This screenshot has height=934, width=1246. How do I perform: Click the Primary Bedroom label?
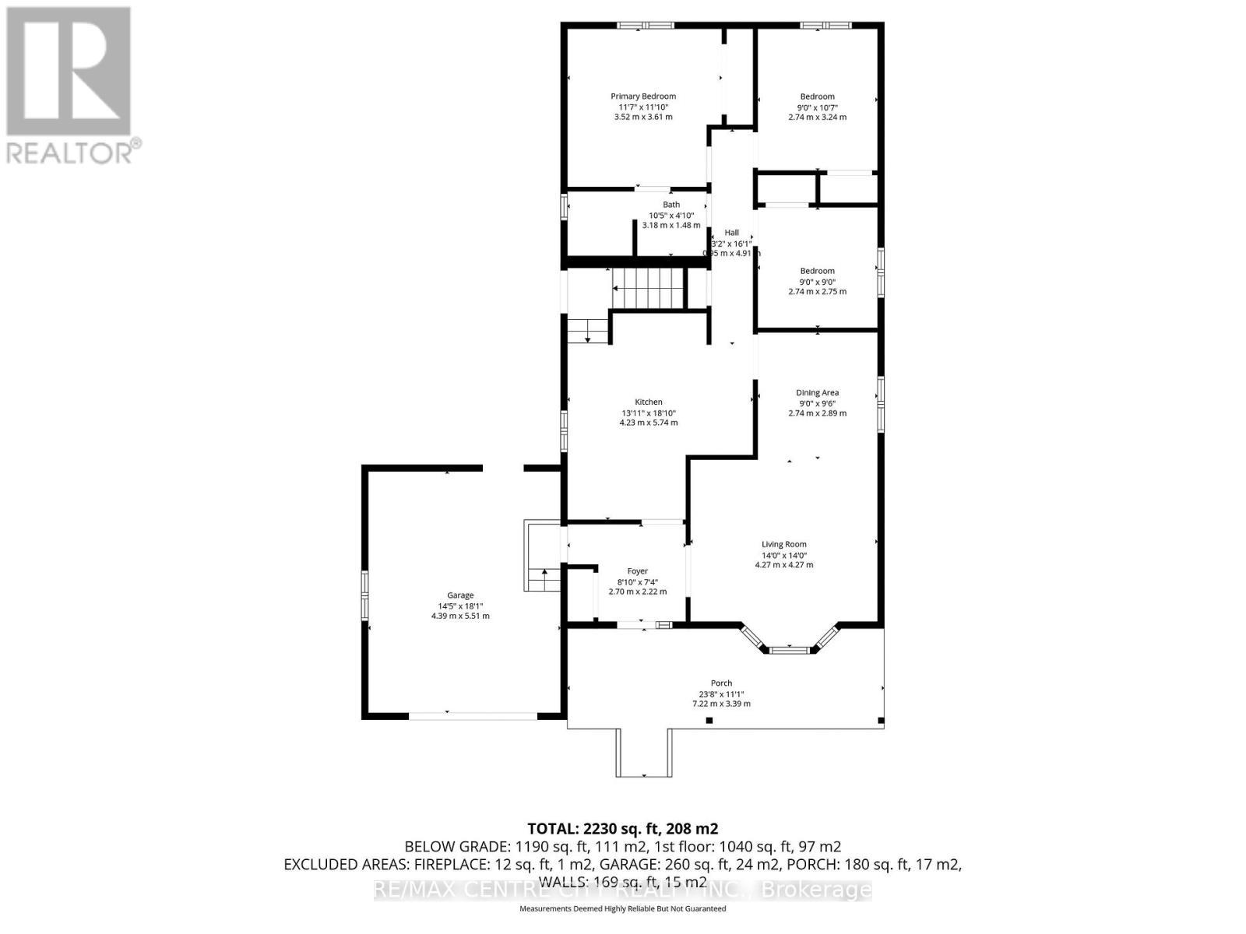click(x=642, y=97)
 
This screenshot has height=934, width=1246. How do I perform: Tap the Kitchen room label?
click(x=648, y=402)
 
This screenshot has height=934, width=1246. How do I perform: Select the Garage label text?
click(x=460, y=595)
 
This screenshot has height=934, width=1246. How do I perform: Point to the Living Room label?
click(x=783, y=544)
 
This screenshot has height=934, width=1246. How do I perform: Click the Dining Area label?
click(x=817, y=393)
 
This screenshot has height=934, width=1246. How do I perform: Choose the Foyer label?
click(x=637, y=571)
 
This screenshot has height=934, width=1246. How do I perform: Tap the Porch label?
click(x=721, y=683)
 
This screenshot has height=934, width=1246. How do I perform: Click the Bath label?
click(x=671, y=205)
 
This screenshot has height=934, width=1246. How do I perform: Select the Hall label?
click(x=731, y=232)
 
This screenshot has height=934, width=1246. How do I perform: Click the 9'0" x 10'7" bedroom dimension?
click(x=817, y=107)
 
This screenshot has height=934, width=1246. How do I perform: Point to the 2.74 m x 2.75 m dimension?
click(x=817, y=292)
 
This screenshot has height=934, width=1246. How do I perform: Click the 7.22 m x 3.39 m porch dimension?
click(x=721, y=704)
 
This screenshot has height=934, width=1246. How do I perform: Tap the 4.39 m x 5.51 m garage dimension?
click(x=460, y=616)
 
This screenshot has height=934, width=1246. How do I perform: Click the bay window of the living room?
click(x=789, y=647)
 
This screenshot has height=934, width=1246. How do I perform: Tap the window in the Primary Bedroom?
click(x=646, y=26)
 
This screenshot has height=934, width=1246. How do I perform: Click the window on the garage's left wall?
click(x=364, y=595)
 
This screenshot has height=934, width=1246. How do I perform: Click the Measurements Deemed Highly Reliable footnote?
click(x=622, y=908)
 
